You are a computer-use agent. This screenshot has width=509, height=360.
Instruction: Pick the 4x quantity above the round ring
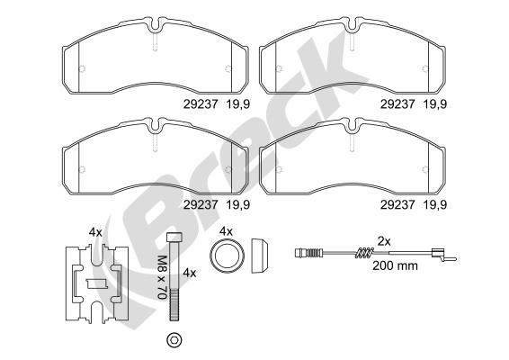coord(227,231)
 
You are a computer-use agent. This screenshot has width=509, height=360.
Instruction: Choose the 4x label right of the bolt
coord(189,271)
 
